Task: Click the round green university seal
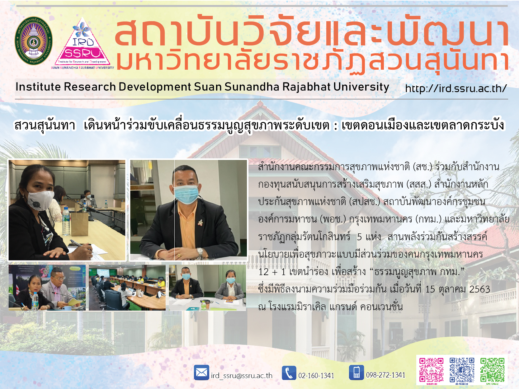(34, 41)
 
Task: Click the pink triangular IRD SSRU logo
(83, 43)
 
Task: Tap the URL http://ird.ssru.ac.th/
(456, 88)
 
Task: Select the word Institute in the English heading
(38, 87)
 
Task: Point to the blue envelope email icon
(201, 373)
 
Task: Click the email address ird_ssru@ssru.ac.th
(242, 376)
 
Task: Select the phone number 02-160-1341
(316, 375)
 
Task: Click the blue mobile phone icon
(356, 373)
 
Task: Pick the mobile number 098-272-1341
(386, 375)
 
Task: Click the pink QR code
(431, 370)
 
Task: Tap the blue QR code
(462, 370)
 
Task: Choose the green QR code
(492, 370)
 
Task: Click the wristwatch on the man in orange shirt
(200, 251)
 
